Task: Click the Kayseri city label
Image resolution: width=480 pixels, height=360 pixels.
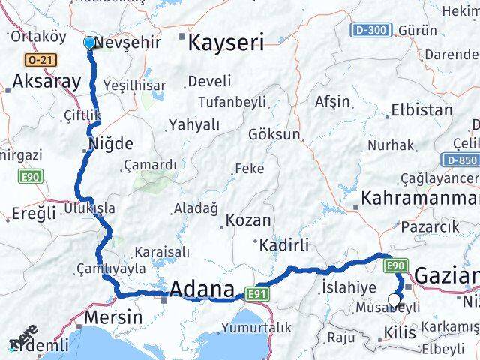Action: pos(226,42)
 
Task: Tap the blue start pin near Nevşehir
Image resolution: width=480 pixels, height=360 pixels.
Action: pos(89,43)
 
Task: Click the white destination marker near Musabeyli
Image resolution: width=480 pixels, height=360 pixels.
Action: pos(394,301)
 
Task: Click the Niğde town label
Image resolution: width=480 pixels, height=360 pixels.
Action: pos(111,143)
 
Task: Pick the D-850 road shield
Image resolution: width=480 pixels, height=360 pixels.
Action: pos(460,160)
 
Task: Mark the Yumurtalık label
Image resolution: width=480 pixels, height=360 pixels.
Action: pos(256,327)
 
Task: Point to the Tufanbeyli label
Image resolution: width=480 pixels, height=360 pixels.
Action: pos(232,101)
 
